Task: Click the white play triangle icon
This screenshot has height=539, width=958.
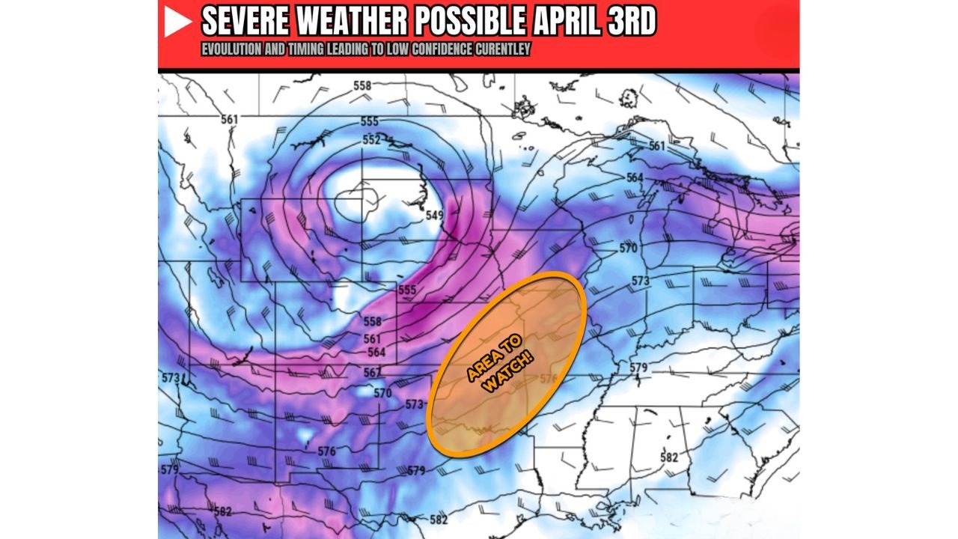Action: pos(178,22)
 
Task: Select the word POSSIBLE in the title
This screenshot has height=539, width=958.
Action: pos(470,22)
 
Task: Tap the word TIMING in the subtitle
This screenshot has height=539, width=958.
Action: pos(300,49)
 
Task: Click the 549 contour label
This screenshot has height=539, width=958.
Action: pos(435,216)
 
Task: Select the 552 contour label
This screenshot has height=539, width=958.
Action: pos(372,140)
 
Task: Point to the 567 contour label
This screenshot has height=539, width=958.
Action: pos(372,373)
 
